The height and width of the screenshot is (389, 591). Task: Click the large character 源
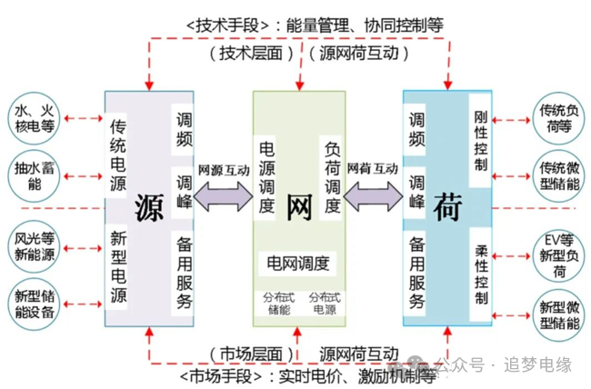tap(149, 207)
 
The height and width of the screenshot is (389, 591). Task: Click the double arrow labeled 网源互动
tap(223, 194)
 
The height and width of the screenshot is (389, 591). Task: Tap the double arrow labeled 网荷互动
tap(373, 194)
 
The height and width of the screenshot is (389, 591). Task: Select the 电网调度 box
tap(297, 264)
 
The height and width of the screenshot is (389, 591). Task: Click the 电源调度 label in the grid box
tap(267, 178)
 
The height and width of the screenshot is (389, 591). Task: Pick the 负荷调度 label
tap(331, 178)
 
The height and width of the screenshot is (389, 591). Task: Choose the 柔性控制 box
tap(481, 274)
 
